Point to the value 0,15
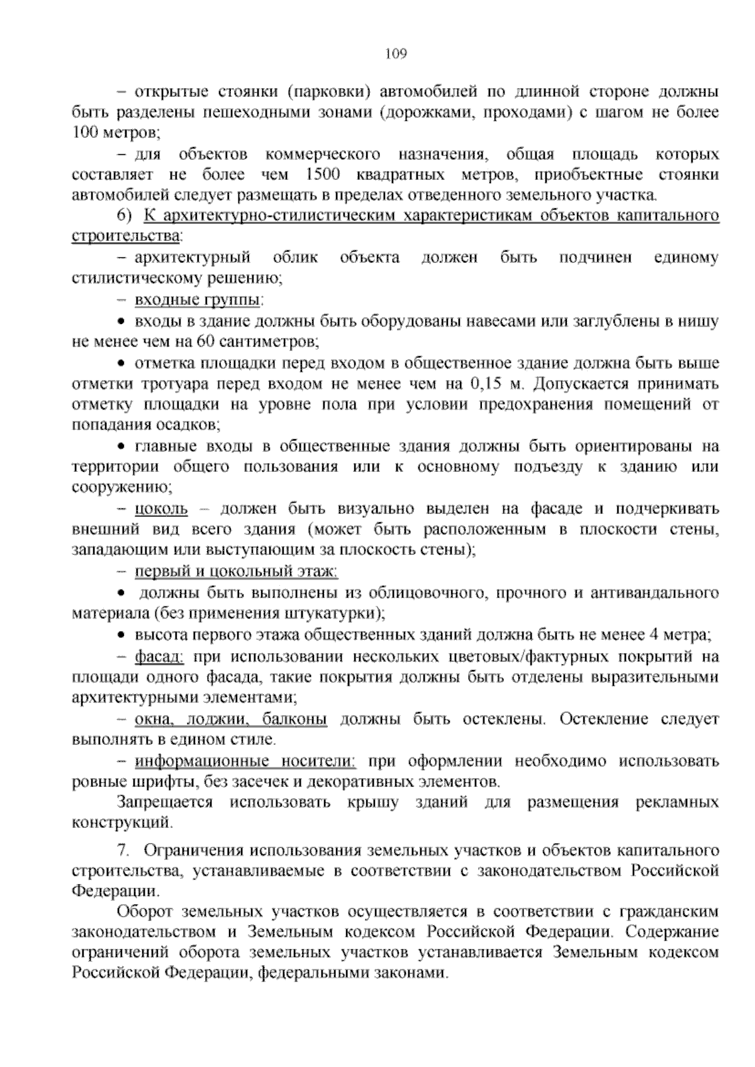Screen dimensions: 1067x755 point(484,384)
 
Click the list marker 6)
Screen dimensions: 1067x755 point(125,216)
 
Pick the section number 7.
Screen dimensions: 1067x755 point(124,851)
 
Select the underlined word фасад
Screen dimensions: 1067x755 point(159,657)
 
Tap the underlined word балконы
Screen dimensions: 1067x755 point(295,719)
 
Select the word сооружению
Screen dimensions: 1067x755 point(122,488)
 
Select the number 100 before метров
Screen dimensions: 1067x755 point(83,133)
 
